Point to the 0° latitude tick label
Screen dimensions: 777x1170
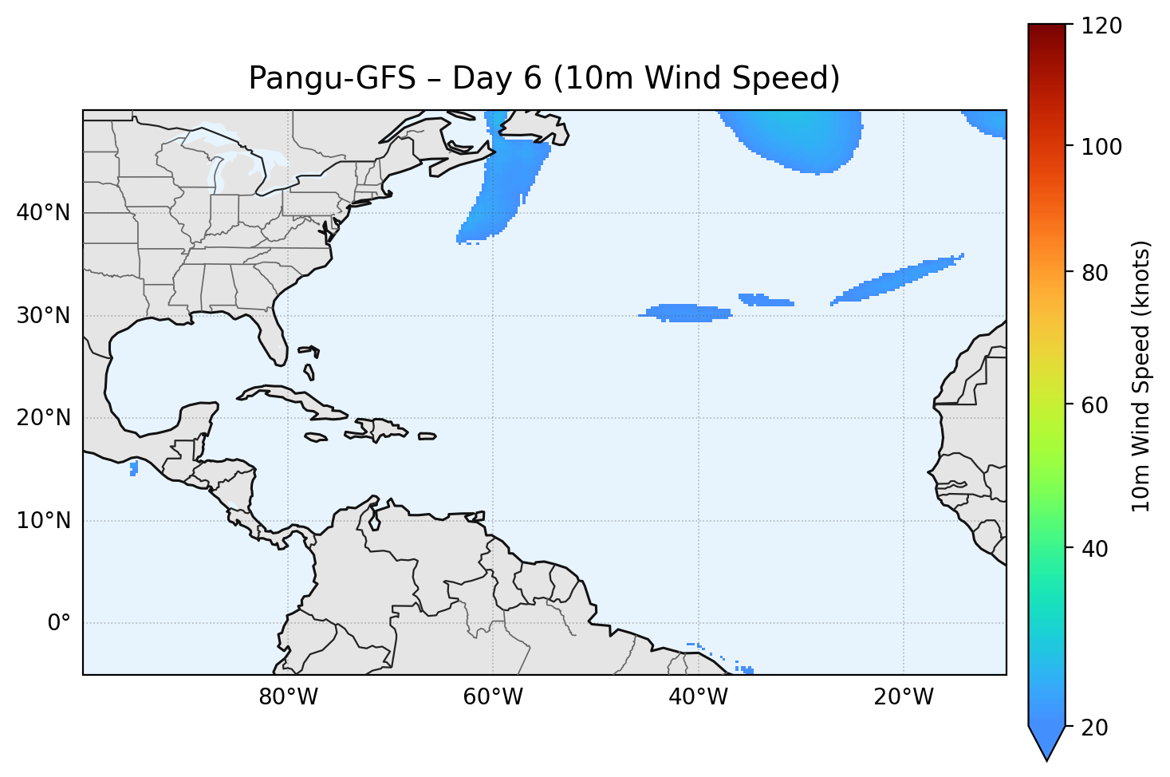click(x=60, y=623)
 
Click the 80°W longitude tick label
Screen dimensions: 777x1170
click(x=288, y=697)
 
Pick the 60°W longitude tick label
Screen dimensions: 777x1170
click(x=493, y=697)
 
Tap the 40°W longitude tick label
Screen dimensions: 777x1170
click(x=698, y=697)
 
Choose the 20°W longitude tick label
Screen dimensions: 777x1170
click(x=903, y=697)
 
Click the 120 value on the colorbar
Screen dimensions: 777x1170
click(x=1104, y=26)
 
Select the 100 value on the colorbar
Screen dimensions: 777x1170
click(x=1104, y=147)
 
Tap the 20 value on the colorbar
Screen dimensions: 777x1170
click(x=1097, y=728)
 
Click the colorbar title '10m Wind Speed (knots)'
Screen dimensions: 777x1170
click(x=1141, y=377)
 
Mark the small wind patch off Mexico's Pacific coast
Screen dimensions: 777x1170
click(x=133, y=468)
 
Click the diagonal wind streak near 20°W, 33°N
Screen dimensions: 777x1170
click(x=897, y=279)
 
